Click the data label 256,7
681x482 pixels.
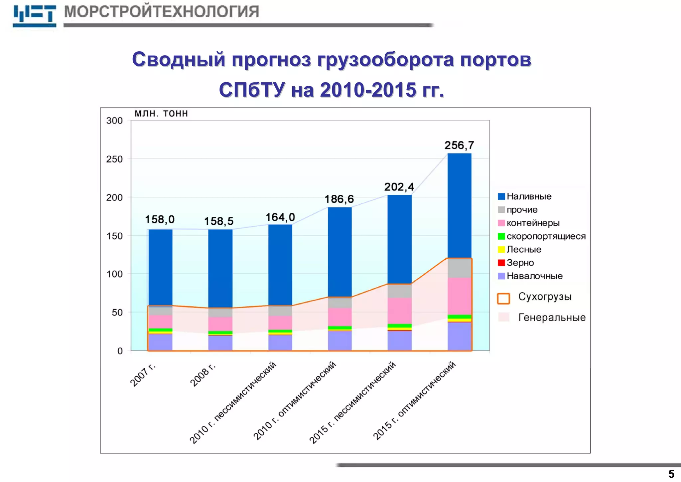click(x=459, y=145)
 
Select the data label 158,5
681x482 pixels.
click(x=218, y=221)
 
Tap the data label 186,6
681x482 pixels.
click(x=339, y=199)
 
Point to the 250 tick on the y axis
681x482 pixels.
click(x=114, y=159)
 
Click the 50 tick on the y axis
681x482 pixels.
click(x=117, y=313)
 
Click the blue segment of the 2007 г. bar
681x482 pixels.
click(x=160, y=266)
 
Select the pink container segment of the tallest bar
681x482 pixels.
click(x=459, y=296)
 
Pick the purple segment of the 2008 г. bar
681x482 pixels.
click(x=220, y=343)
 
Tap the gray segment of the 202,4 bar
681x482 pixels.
click(x=399, y=291)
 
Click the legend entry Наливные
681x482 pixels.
click(x=529, y=196)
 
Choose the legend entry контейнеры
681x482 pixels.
click(x=533, y=223)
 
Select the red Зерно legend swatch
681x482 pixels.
click(x=501, y=263)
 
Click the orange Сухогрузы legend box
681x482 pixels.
click(x=503, y=298)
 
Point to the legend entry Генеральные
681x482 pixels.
click(x=552, y=318)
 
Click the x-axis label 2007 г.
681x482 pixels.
click(x=143, y=375)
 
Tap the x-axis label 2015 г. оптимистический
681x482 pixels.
click(x=414, y=401)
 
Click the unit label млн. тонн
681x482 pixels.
click(x=161, y=114)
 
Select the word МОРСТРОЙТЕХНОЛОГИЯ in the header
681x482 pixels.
click(x=161, y=12)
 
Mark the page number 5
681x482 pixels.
click(x=671, y=474)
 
